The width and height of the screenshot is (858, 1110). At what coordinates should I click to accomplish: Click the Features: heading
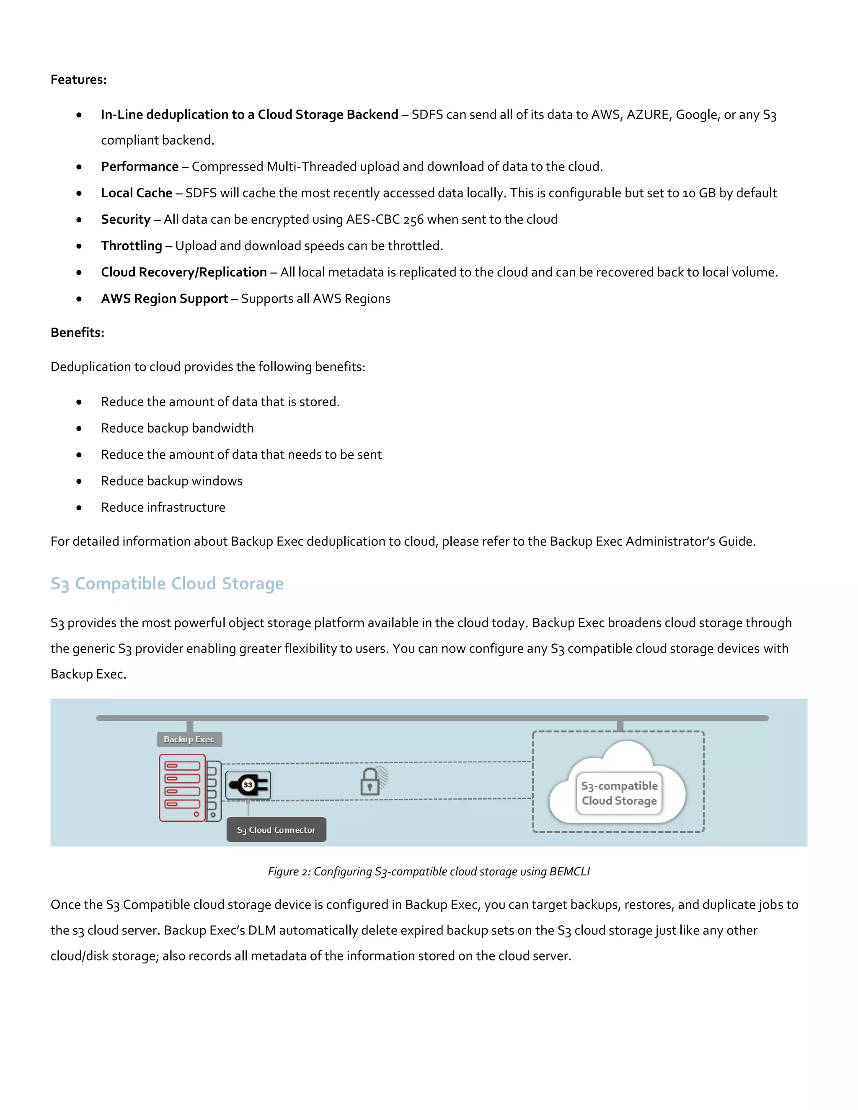[78, 80]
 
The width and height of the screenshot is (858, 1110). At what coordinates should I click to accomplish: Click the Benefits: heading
[77, 333]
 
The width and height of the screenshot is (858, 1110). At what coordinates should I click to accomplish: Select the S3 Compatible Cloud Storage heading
[167, 583]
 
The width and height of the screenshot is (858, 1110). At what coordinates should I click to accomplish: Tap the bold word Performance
[139, 167]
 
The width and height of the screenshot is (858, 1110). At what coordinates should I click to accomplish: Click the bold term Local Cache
[136, 193]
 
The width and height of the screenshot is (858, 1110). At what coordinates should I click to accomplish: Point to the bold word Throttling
[131, 246]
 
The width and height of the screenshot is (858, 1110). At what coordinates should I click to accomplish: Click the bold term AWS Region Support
[164, 299]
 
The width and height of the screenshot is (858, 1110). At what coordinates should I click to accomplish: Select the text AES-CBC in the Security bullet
[372, 219]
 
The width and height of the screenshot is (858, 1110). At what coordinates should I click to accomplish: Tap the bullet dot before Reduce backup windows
[79, 481]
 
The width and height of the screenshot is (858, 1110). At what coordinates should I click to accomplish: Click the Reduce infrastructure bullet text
[163, 507]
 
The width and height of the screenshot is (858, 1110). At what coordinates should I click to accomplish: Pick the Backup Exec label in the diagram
[189, 739]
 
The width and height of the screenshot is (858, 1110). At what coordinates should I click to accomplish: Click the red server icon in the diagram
[182, 787]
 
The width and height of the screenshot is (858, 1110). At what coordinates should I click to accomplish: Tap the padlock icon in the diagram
[370, 782]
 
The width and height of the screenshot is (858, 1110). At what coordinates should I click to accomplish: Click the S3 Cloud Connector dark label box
[276, 830]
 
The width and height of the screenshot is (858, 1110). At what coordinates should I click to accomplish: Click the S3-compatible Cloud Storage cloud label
[619, 793]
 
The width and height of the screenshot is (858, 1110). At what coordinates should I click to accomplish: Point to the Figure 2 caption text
[429, 872]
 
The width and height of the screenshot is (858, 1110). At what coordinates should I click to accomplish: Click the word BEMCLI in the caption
[569, 872]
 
